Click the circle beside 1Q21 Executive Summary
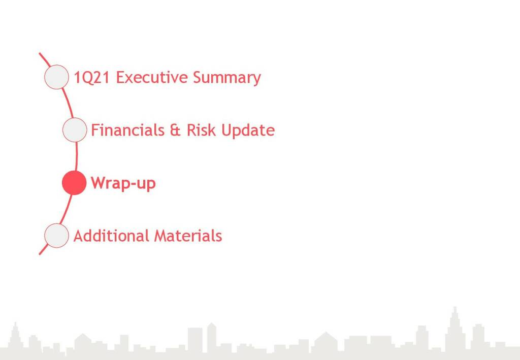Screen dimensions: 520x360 (x=57, y=77)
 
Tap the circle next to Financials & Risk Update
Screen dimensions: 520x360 (x=75, y=130)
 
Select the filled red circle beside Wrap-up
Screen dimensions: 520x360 (x=74, y=183)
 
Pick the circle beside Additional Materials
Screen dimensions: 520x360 (x=57, y=236)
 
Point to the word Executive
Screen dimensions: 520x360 (x=152, y=77)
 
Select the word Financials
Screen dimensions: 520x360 (x=127, y=130)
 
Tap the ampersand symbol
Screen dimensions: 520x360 (x=175, y=130)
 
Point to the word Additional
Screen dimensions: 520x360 (x=111, y=236)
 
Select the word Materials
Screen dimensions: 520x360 (x=188, y=236)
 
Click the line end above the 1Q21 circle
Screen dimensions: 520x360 (x=40, y=53)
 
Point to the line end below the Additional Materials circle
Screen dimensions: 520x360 (x=40, y=254)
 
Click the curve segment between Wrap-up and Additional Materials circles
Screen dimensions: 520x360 (x=67, y=209)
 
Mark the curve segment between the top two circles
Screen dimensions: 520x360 (x=68, y=103)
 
